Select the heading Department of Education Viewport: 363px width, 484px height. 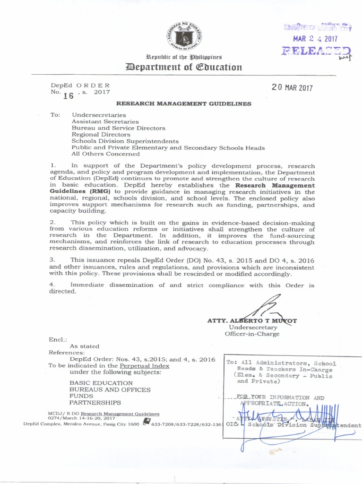pos(182,67)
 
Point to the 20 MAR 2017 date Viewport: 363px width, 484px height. pos(292,88)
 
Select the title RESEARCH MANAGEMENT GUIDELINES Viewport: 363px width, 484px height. pos(184,104)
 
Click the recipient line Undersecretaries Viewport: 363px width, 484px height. pos(99,115)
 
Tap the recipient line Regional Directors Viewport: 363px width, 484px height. pos(101,135)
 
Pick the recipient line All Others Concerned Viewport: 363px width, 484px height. pos(106,154)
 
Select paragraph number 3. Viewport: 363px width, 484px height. pos(53,260)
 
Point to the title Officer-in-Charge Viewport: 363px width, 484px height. pos(252,334)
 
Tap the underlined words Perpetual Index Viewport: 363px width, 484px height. pos(144,366)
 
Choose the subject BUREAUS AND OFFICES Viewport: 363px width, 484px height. pos(110,389)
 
